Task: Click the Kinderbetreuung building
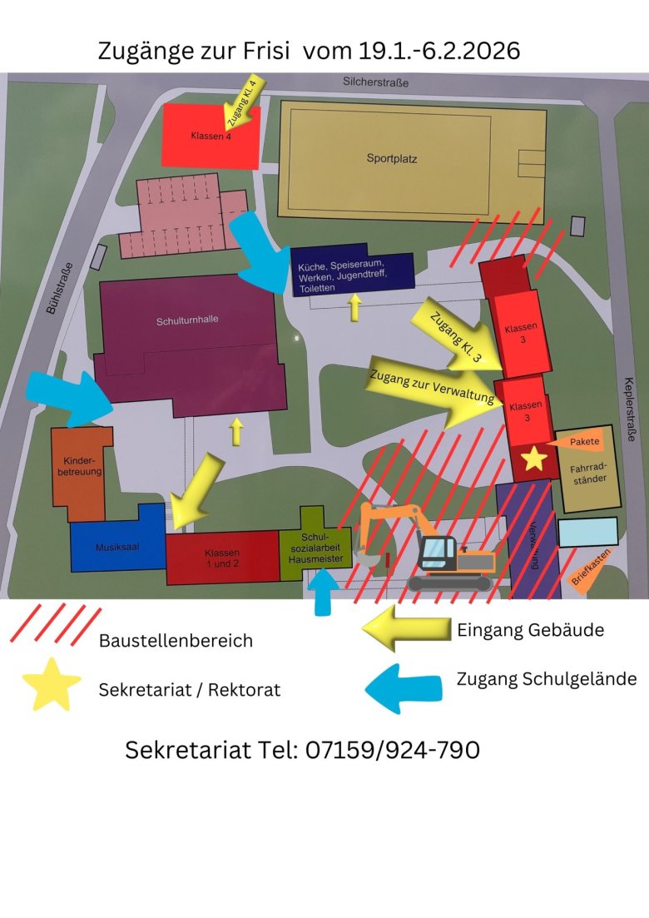pos(82,466)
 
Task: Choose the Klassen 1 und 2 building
pos(222,558)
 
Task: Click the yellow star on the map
pos(533,458)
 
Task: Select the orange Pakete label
pos(582,442)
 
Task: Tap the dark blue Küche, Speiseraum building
pos(352,273)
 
